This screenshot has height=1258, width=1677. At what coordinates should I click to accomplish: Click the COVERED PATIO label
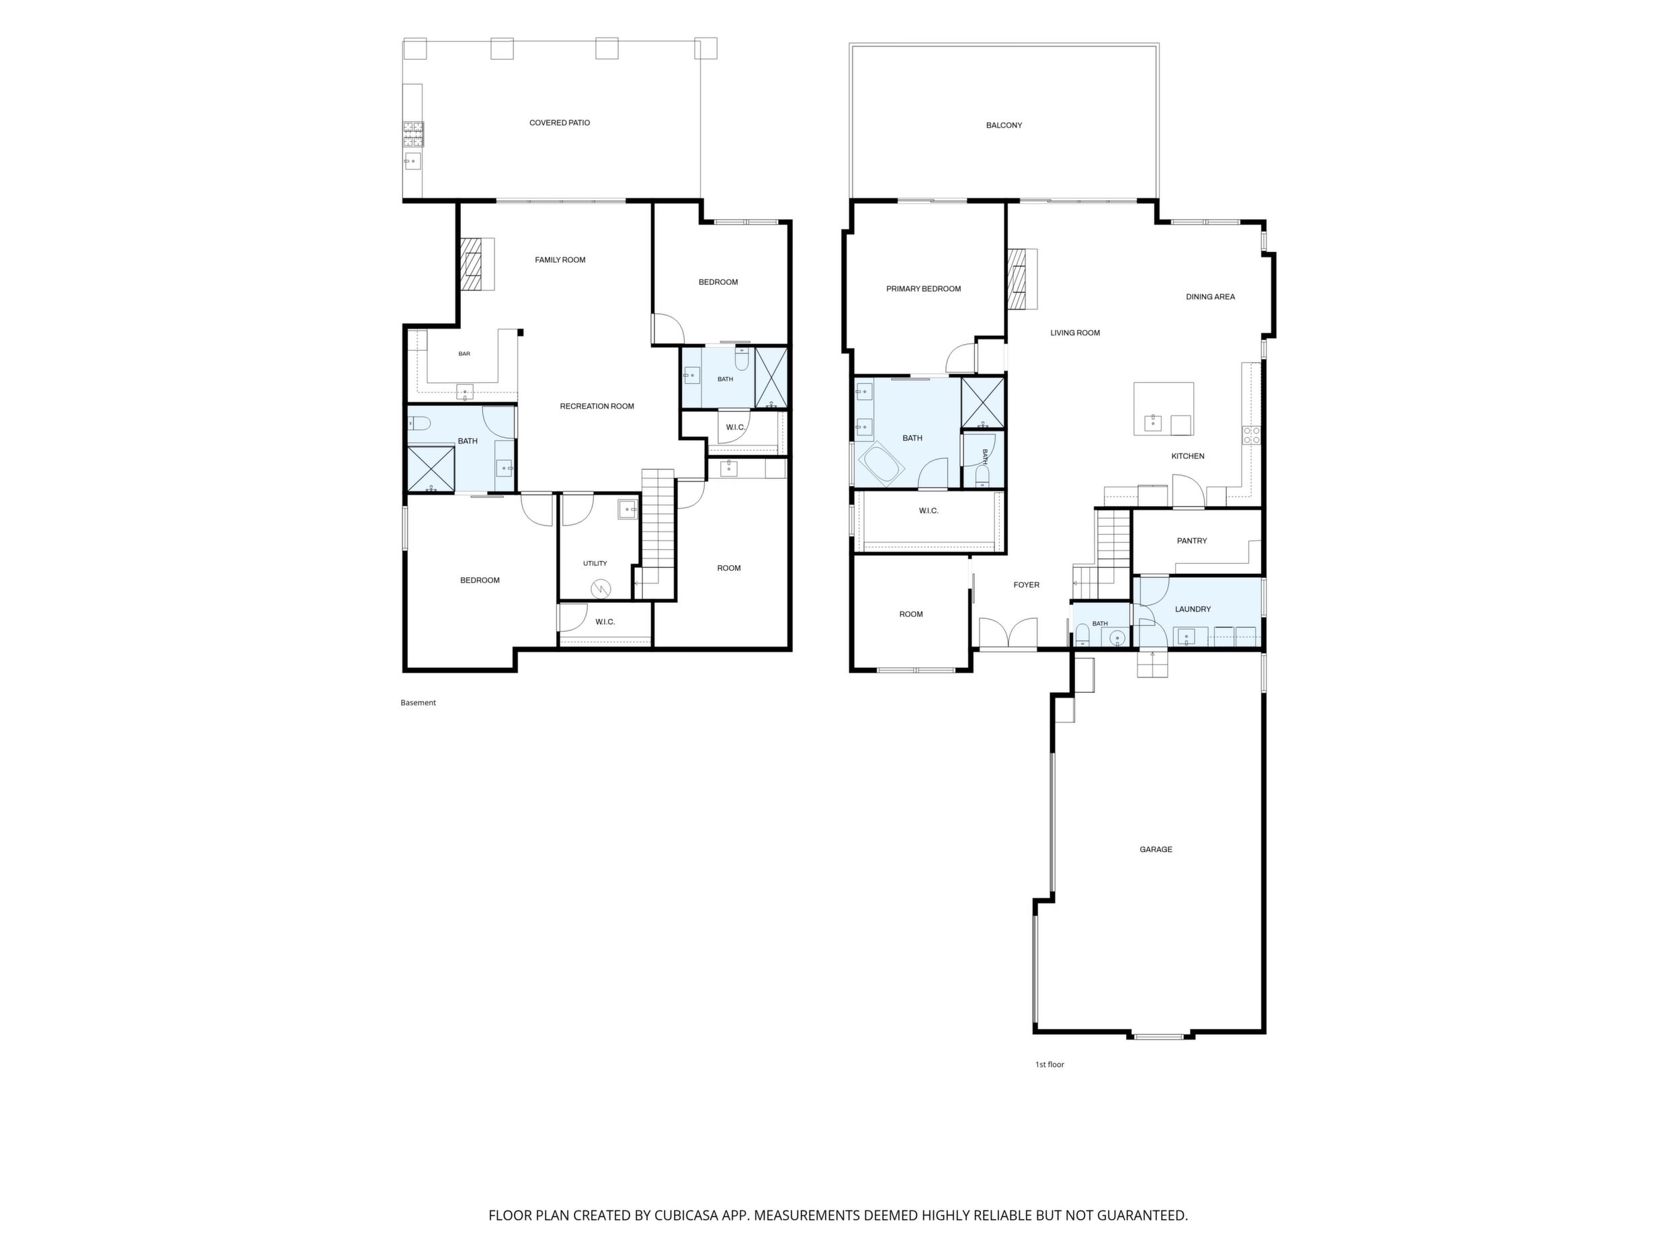[560, 123]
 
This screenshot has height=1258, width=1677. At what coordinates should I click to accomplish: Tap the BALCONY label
[1004, 125]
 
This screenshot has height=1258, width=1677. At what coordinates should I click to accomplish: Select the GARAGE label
[1156, 849]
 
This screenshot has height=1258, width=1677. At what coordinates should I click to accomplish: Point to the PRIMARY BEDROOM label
[923, 289]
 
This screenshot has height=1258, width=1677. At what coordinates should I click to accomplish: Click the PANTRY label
[1192, 541]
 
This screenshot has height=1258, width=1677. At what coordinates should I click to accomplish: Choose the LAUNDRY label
[1193, 609]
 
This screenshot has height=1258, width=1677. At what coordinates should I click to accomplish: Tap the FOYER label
[1027, 585]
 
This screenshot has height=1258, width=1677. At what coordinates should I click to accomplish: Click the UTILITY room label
[595, 563]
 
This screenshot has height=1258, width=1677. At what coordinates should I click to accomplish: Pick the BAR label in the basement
[464, 354]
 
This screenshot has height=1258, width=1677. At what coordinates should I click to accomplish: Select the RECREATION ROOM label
[597, 407]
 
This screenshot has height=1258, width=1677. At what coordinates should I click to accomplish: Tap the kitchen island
[1163, 409]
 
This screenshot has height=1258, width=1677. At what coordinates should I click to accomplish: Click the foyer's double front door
[1008, 633]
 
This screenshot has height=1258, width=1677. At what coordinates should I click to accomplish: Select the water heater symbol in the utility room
[601, 588]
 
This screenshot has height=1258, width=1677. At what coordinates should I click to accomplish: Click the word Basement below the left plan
[419, 703]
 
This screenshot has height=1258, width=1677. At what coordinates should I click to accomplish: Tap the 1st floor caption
[1049, 1064]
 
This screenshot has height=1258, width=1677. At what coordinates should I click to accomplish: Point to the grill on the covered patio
[413, 134]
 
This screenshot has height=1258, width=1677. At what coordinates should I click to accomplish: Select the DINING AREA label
[1210, 297]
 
